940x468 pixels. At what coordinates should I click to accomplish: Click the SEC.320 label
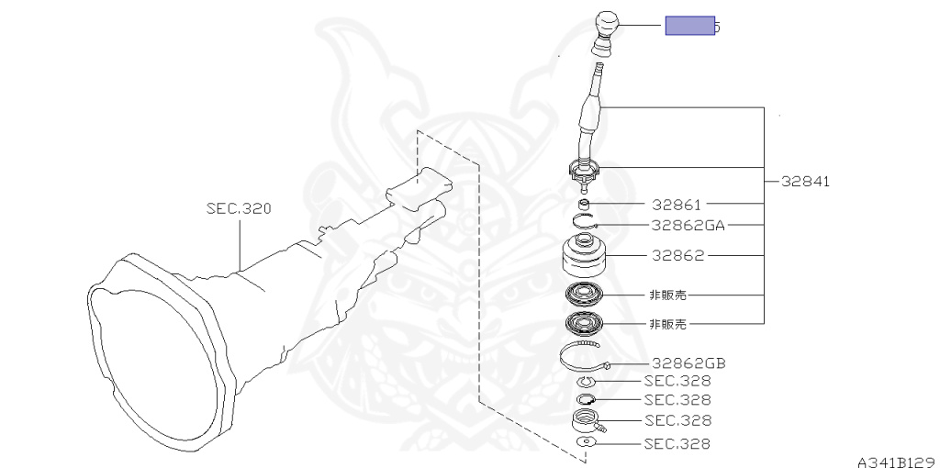(x=239, y=209)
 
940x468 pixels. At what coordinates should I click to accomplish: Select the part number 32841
(x=806, y=182)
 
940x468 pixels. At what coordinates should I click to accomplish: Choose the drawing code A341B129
(x=897, y=461)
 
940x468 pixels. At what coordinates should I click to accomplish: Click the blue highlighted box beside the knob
(x=690, y=26)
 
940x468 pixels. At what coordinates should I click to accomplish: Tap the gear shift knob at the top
(x=605, y=25)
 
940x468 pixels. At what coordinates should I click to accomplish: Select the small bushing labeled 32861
(x=585, y=204)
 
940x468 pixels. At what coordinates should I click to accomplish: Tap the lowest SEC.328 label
(x=677, y=444)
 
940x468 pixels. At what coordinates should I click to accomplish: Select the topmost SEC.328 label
(x=677, y=381)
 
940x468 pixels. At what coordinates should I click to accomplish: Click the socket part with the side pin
(x=587, y=422)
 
